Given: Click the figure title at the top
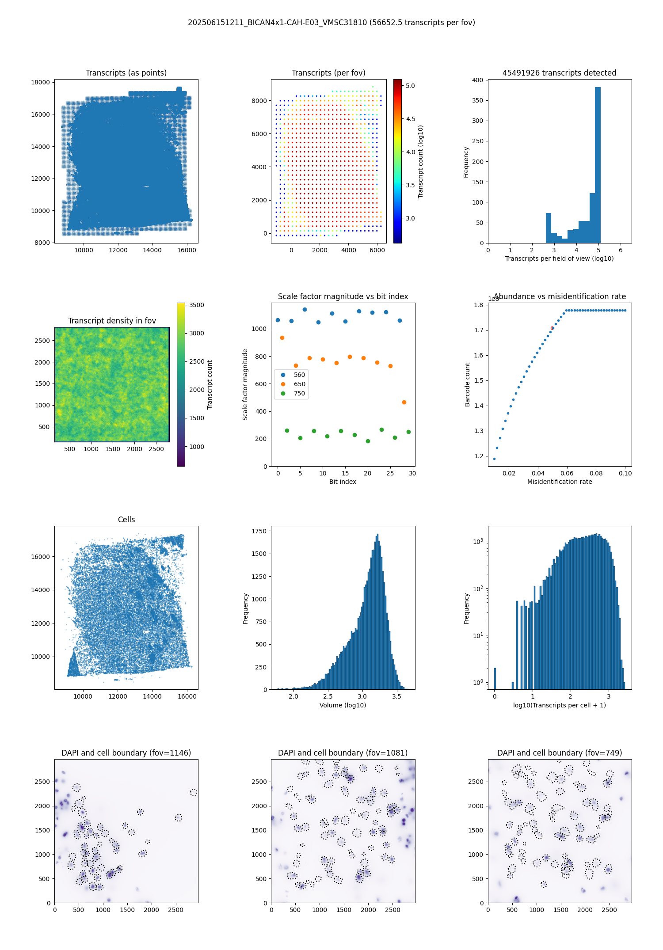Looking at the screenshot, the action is tap(331, 23).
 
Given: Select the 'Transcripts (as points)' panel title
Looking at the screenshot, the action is tap(126, 73).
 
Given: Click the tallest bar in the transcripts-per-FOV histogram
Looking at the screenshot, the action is tap(598, 165).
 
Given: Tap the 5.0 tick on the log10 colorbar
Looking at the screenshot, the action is tap(410, 86).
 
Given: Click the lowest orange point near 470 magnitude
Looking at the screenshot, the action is tap(404, 402).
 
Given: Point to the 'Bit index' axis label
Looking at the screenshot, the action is tap(343, 482).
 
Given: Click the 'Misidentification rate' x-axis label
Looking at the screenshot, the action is tap(560, 482).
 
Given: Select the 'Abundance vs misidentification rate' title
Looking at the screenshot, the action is tap(560, 296).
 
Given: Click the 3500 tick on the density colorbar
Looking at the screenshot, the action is tap(197, 305).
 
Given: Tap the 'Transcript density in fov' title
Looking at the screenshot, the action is tap(112, 321).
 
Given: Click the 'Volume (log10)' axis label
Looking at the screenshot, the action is tap(343, 705).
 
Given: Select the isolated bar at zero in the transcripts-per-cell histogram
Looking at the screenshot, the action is tap(495, 678).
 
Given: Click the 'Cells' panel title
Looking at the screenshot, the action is tap(126, 520).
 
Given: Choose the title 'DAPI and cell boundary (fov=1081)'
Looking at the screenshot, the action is tap(343, 753).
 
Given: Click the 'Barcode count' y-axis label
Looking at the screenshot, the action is tap(467, 384).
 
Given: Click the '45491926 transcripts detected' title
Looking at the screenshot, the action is tap(559, 73).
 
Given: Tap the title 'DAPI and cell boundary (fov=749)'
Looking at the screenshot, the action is tap(560, 753).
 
